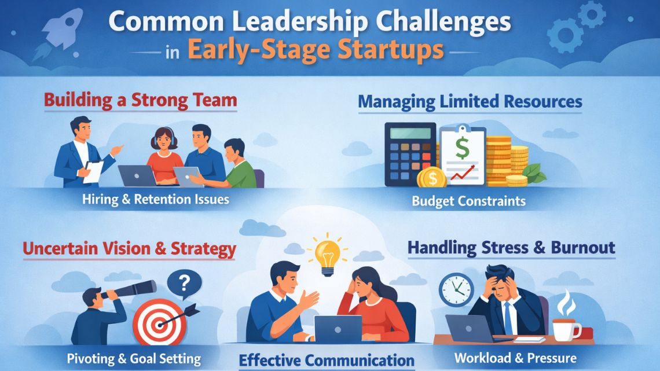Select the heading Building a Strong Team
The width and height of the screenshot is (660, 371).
tap(141, 100)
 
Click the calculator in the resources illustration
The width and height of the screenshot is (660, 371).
tap(410, 153)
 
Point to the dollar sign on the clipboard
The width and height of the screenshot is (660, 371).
tap(462, 148)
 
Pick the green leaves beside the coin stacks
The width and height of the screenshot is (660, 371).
tap(534, 172)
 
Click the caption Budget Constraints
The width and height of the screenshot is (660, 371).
tap(468, 201)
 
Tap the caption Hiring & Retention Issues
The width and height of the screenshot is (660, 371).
tap(155, 200)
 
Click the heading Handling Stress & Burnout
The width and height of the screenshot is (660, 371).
tap(511, 248)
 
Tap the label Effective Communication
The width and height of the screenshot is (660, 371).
tap(327, 359)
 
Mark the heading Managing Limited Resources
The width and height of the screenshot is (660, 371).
tap(470, 102)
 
